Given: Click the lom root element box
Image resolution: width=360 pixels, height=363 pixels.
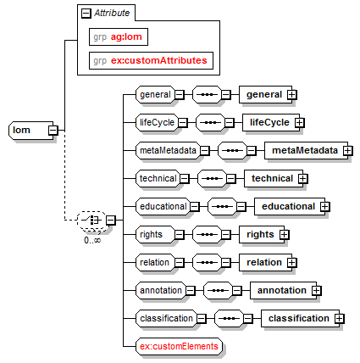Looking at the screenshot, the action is pyautogui.click(x=31, y=131).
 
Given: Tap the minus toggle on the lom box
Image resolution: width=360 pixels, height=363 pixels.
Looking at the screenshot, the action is pyautogui.click(x=53, y=131).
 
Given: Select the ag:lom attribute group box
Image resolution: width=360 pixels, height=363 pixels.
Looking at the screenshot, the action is pyautogui.click(x=119, y=36).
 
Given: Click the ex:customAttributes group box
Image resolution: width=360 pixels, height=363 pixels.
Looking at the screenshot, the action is pyautogui.click(x=151, y=60).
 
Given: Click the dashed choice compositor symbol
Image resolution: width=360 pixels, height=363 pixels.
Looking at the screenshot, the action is pyautogui.click(x=91, y=220).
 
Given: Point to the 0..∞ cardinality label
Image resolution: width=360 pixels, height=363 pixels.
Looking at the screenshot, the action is pyautogui.click(x=92, y=240).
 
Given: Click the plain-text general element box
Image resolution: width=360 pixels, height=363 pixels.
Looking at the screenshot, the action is pyautogui.click(x=155, y=94).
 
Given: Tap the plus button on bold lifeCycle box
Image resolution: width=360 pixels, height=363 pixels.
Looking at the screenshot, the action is pyautogui.click(x=300, y=123).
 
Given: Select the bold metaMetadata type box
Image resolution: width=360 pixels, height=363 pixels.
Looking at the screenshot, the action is pyautogui.click(x=306, y=150).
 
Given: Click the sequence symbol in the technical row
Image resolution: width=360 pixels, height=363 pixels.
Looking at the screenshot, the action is pyautogui.click(x=213, y=178).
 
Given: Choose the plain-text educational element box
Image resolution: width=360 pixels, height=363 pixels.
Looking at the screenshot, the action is pyautogui.click(x=163, y=206).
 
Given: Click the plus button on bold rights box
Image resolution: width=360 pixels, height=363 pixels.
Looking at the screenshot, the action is pyautogui.click(x=285, y=234).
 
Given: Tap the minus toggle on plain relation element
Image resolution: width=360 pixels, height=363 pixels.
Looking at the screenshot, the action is pyautogui.click(x=180, y=262).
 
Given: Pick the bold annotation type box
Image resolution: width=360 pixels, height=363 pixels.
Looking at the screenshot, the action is pyautogui.click(x=283, y=290).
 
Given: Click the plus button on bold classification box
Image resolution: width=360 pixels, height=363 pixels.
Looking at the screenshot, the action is pyautogui.click(x=340, y=319).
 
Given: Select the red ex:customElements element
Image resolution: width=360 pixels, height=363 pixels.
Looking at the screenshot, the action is pyautogui.click(x=179, y=346).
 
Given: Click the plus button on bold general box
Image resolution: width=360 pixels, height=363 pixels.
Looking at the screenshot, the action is pyautogui.click(x=292, y=95).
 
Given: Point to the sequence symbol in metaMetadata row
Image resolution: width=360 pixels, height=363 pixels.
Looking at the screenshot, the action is pyautogui.click(x=233, y=150).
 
